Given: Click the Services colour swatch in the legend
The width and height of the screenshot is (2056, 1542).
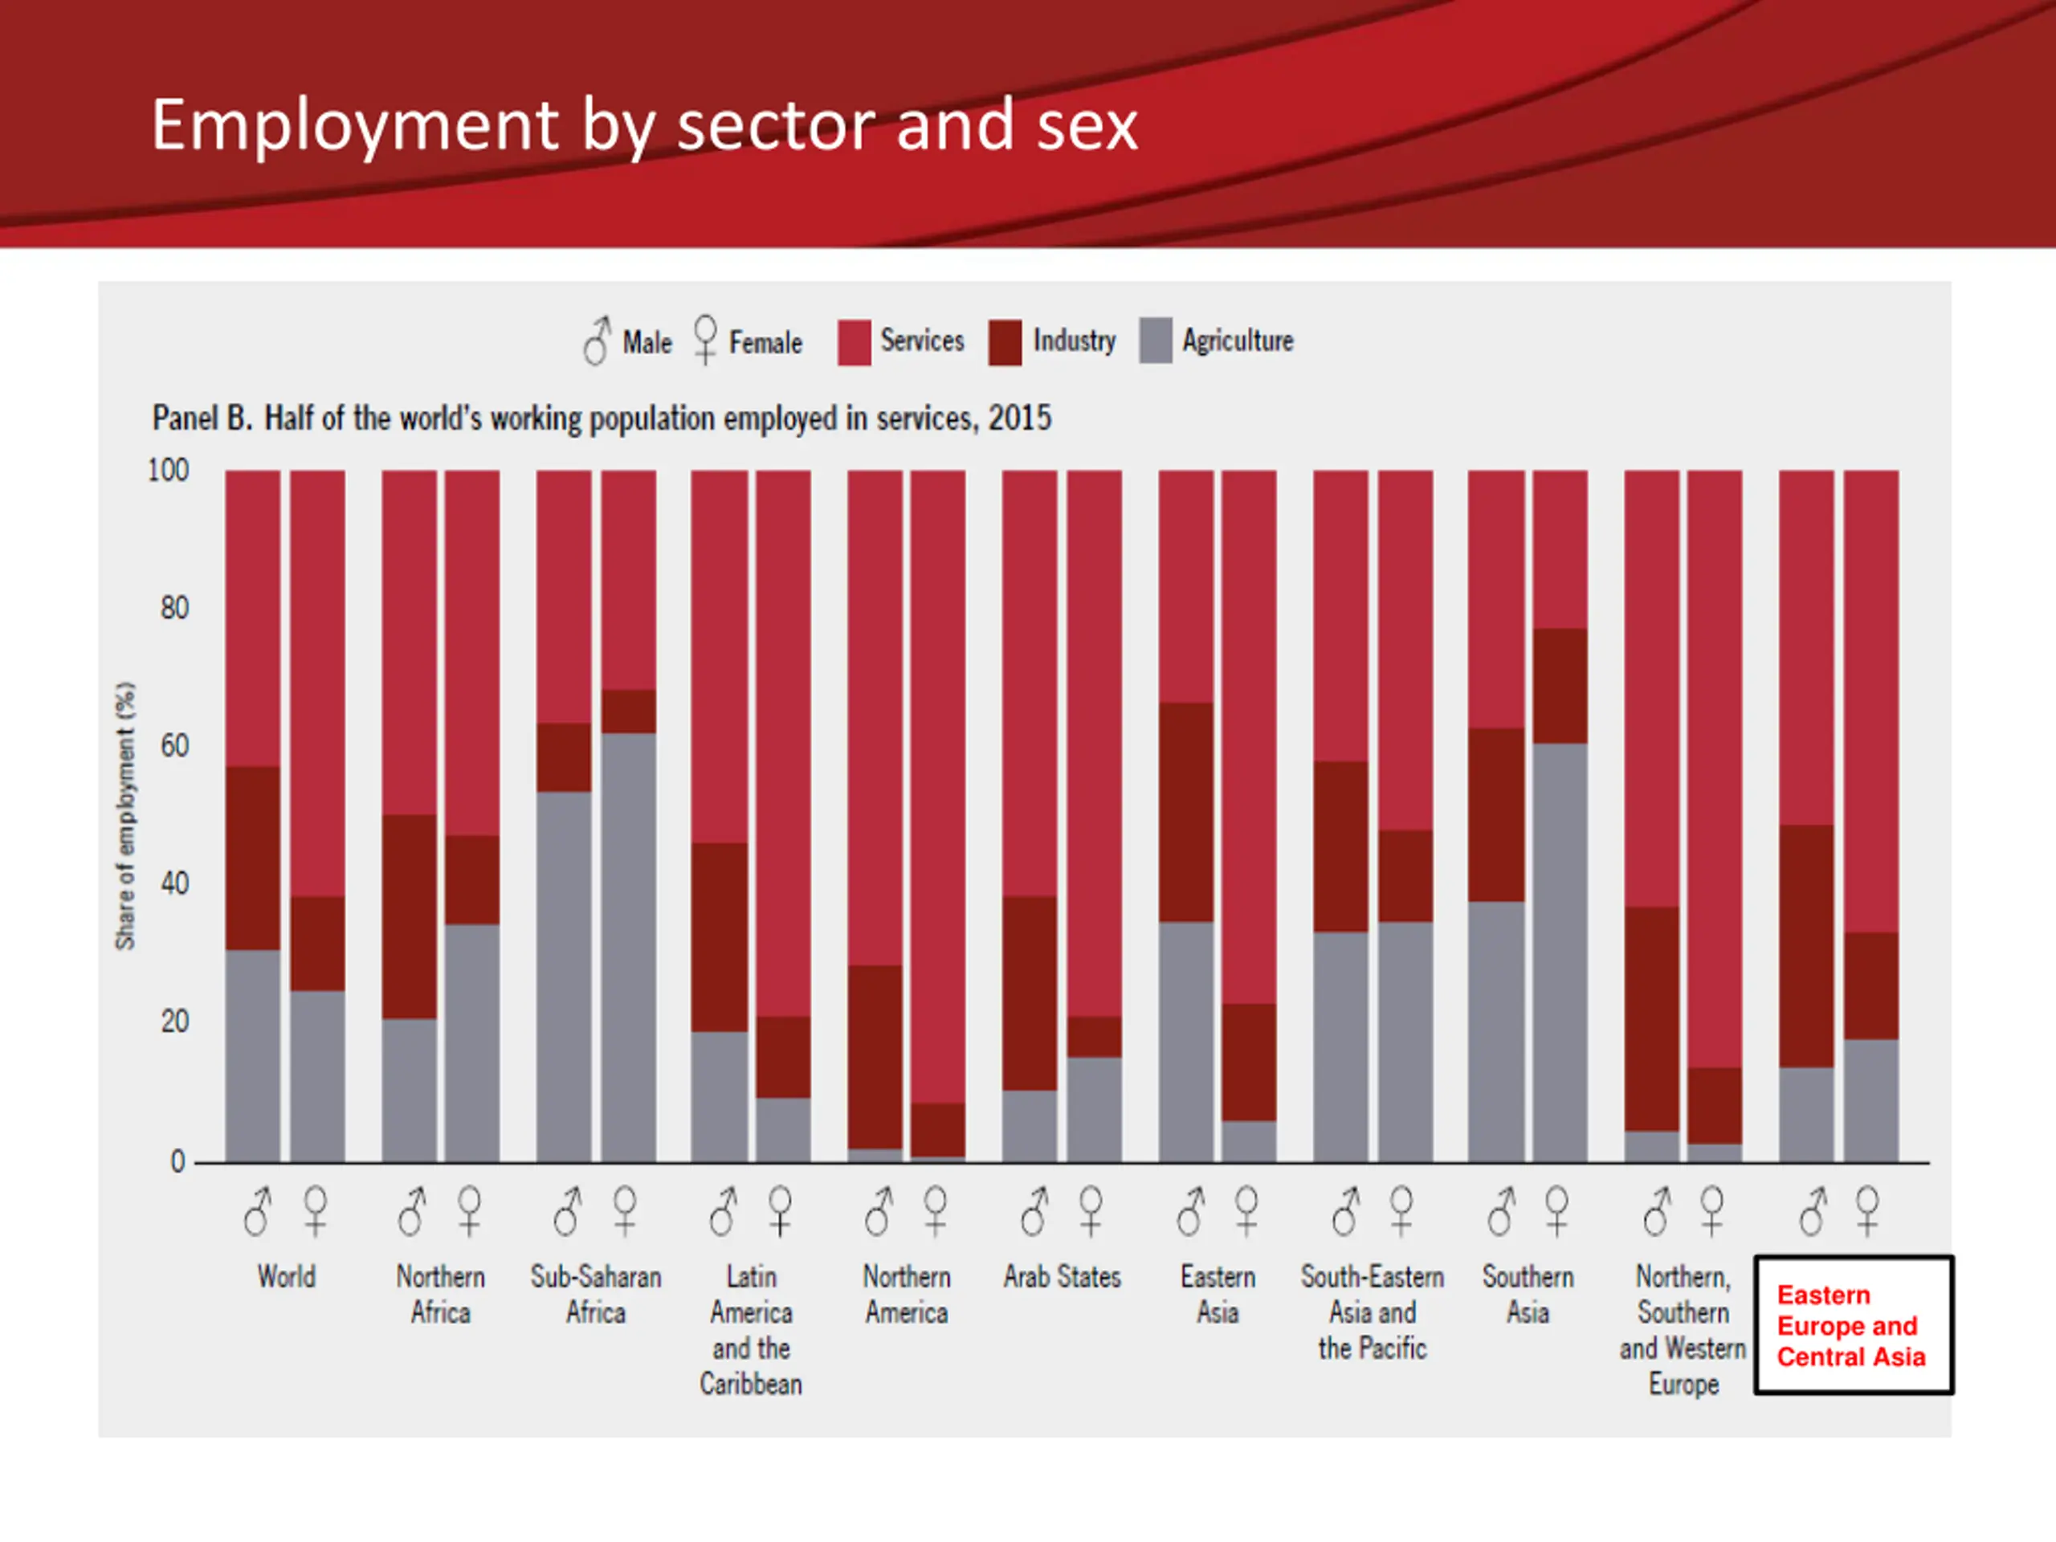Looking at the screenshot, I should coord(853,342).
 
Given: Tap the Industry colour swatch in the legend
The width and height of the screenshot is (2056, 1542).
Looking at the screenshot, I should coord(1005,342).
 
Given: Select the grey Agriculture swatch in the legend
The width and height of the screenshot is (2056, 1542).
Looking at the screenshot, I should coord(1156,341).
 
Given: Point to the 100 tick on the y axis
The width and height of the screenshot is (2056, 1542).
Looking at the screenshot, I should coord(168,471).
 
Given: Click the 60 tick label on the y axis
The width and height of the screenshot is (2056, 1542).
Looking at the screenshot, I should coord(173,745).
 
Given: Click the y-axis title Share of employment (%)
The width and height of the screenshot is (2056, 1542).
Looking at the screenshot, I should coord(125,816).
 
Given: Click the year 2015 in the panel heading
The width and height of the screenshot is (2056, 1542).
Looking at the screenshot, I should coord(1020,418).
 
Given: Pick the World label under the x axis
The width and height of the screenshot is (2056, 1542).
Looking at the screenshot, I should coord(286,1276).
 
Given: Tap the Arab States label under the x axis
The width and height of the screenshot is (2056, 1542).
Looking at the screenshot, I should coord(1063,1276).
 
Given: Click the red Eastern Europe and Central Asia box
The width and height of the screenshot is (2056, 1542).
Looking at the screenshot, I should coord(1853,1325).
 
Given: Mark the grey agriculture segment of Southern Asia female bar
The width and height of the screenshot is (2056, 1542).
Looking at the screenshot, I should coord(1560,952).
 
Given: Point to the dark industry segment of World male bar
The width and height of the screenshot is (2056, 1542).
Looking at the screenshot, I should coord(253,857).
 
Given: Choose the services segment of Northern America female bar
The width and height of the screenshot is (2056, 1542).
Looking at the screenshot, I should coord(938,785).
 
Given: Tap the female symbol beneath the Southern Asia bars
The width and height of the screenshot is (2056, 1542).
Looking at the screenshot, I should coord(1557,1211).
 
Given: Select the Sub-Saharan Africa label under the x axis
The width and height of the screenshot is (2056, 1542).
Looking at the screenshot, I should coord(596,1294).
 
